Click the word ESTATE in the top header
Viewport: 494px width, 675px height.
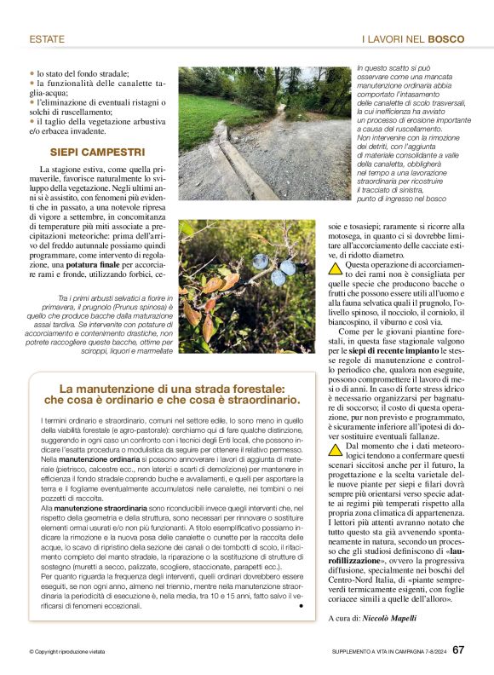(48, 39)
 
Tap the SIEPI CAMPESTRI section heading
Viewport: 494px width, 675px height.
(96, 153)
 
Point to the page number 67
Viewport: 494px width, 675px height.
(458, 649)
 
